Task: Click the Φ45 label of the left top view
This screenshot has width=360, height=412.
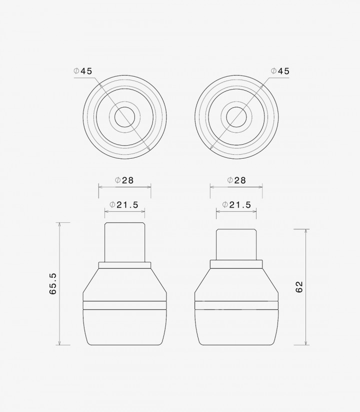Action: [x=83, y=71]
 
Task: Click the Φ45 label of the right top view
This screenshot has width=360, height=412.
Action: [x=280, y=71]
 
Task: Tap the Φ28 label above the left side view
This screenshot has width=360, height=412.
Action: [x=124, y=180]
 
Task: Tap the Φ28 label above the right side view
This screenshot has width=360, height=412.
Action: [x=236, y=180]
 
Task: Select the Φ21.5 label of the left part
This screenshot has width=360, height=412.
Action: [x=124, y=205]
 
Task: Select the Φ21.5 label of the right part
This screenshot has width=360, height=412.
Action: [x=236, y=205]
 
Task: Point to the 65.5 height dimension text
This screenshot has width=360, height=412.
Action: [x=52, y=283]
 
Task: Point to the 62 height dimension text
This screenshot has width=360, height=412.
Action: [x=299, y=287]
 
